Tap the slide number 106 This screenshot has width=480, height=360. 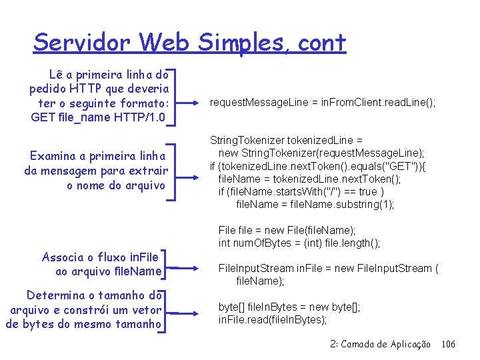(448, 344)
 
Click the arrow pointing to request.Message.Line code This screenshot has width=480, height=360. (197, 103)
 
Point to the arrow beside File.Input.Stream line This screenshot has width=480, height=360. (197, 269)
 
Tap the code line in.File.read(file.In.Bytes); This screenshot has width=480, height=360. (273, 319)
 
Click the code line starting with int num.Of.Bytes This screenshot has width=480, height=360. (299, 243)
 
